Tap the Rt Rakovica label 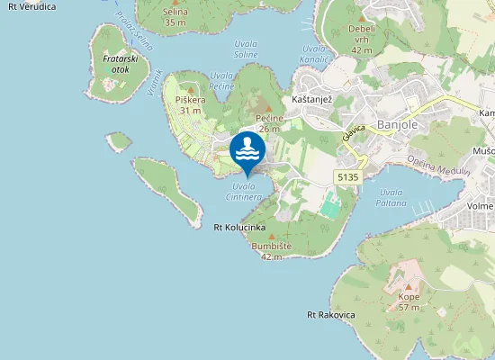(x=331, y=315)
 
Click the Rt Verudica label (x=26, y=6)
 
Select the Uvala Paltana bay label (x=392, y=197)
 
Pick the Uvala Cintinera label (x=244, y=191)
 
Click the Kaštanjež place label (x=313, y=99)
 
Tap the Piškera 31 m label (x=190, y=104)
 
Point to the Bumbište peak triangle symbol (x=272, y=236)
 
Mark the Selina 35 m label (x=176, y=15)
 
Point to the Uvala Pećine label (x=220, y=81)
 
